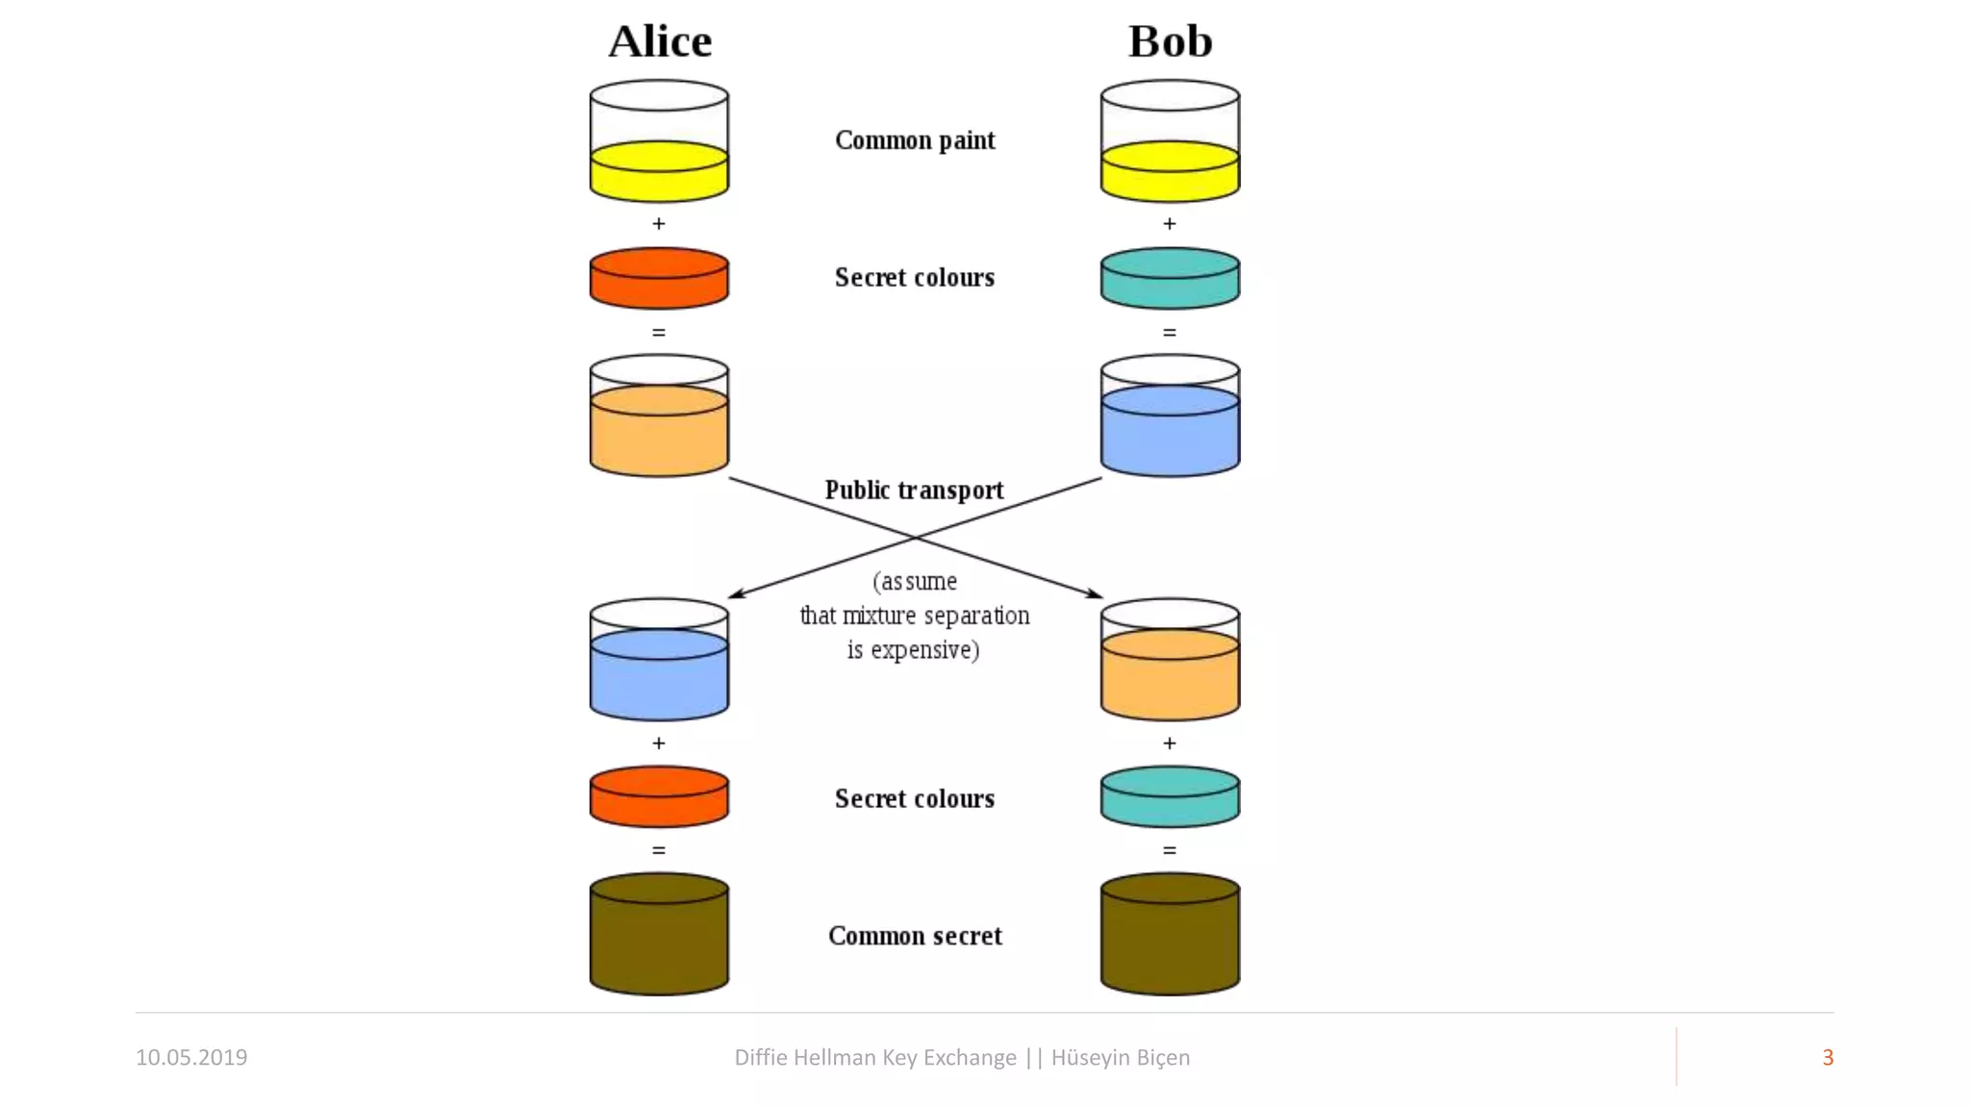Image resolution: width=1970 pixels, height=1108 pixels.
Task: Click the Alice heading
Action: click(x=660, y=41)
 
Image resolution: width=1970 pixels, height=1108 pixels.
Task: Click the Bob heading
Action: click(x=1170, y=41)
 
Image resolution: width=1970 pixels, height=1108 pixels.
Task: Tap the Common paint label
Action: click(x=915, y=140)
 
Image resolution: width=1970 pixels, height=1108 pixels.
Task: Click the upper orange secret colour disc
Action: click(x=659, y=279)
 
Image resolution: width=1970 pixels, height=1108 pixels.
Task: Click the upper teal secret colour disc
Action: click(x=1170, y=279)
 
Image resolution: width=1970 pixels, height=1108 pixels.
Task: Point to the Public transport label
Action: click(x=914, y=491)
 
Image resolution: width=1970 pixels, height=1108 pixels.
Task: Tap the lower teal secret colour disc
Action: click(x=1170, y=796)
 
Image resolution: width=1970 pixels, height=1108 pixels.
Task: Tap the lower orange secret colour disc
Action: click(x=659, y=796)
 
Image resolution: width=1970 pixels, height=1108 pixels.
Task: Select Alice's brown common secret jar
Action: click(x=659, y=935)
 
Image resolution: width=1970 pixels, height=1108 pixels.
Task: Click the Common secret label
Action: click(x=915, y=936)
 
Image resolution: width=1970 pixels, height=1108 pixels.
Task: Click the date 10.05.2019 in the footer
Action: click(x=191, y=1057)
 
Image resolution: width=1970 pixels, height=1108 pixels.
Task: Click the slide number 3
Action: click(x=1828, y=1057)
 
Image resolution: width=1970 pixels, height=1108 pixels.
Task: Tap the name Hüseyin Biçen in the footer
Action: click(x=1120, y=1057)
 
